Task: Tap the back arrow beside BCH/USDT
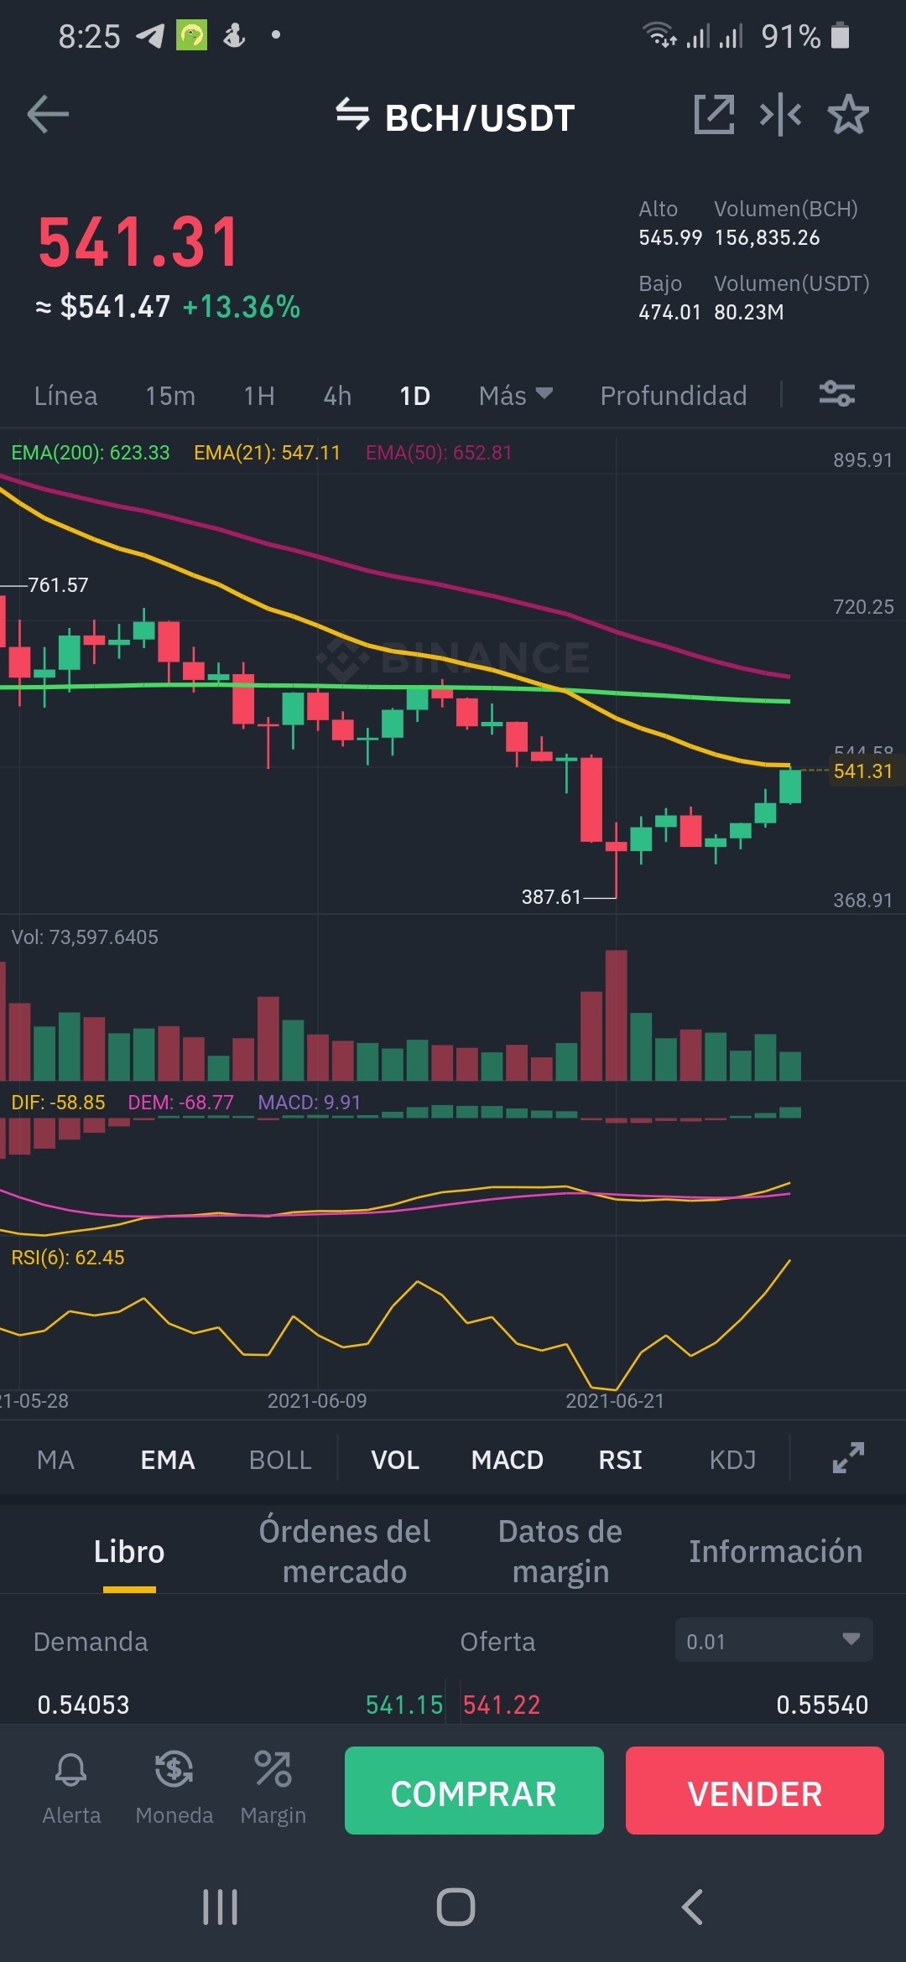(x=48, y=114)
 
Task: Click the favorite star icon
(x=848, y=114)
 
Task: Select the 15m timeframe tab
(x=170, y=396)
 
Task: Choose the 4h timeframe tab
(x=337, y=396)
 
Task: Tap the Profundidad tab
(x=674, y=396)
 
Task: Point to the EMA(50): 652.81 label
(x=439, y=453)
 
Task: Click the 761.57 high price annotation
(x=58, y=585)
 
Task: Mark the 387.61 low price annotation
(x=551, y=897)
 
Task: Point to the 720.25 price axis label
(x=863, y=607)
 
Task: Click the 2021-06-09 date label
(x=317, y=1401)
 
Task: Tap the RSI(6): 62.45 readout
(x=68, y=1258)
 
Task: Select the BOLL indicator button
(x=280, y=1461)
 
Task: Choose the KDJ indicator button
(x=732, y=1461)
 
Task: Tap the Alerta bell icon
(x=71, y=1769)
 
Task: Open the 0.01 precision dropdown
(x=774, y=1641)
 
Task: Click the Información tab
(x=776, y=1552)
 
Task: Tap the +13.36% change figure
(x=242, y=307)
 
